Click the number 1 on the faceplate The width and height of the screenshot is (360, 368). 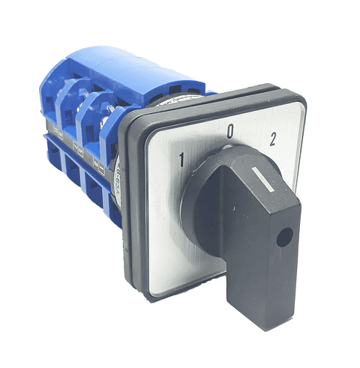click(182, 158)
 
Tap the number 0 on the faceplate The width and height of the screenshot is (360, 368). click(230, 133)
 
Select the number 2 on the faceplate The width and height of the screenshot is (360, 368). click(272, 138)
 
